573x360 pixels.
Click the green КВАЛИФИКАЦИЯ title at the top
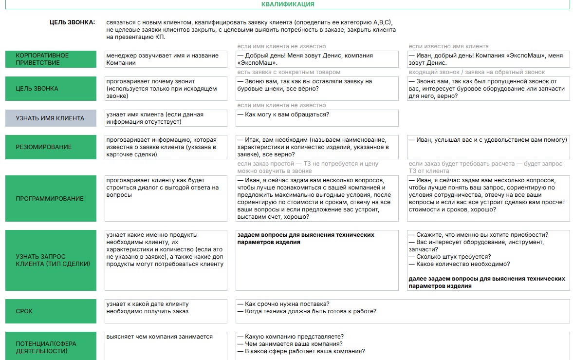point(288,4)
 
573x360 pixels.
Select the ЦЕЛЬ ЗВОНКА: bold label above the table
point(73,22)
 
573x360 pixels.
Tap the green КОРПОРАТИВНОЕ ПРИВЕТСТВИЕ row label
point(51,59)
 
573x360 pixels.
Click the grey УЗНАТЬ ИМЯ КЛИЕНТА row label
point(51,118)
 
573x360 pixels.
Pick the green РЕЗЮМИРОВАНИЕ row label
point(51,147)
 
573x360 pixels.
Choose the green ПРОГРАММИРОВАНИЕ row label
point(51,198)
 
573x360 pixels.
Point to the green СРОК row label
point(51,311)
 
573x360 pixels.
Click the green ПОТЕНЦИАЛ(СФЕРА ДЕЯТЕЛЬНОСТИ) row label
point(51,347)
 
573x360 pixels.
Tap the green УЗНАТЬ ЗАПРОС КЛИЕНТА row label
point(51,260)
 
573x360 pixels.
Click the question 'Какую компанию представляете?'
point(291,337)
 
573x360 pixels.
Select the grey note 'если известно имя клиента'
point(448,46)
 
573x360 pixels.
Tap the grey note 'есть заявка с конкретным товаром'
point(289,72)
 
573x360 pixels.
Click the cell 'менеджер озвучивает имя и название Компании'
point(166,59)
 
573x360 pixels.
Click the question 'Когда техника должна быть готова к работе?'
point(307,311)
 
